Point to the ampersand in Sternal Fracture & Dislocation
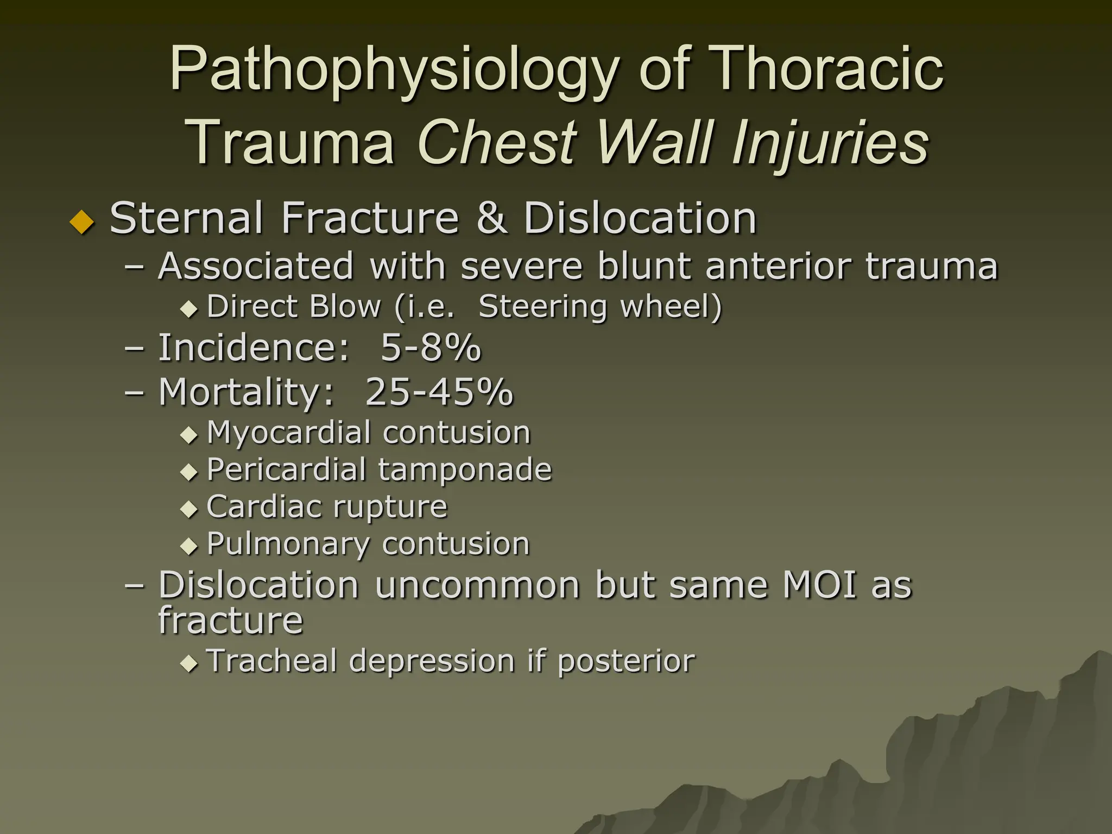tap(492, 218)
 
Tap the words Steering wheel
tap(600, 306)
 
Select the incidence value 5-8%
tap(431, 347)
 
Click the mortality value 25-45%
tap(439, 391)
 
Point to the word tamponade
tap(465, 470)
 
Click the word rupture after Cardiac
tap(390, 507)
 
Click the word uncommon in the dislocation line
tap(477, 585)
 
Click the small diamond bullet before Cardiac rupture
tap(189, 509)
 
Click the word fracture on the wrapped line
tap(230, 620)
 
